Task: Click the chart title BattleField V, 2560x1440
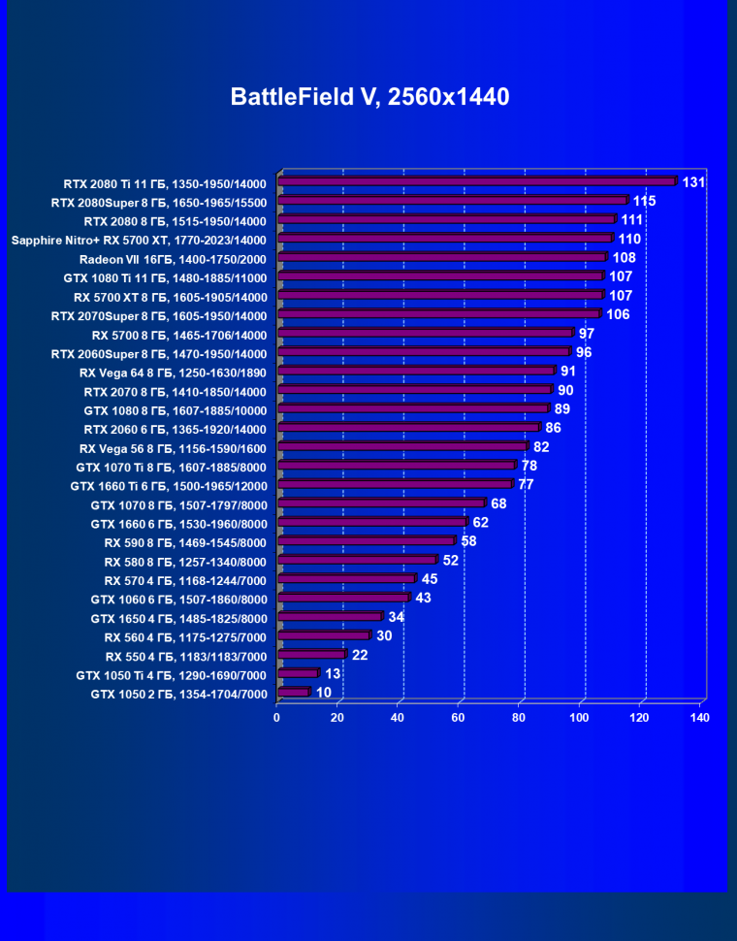pyautogui.click(x=369, y=97)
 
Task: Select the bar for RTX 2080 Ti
pyautogui.click(x=476, y=181)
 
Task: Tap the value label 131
pyautogui.click(x=693, y=181)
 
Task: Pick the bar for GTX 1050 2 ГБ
pyautogui.click(x=293, y=693)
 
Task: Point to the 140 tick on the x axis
pyautogui.click(x=699, y=718)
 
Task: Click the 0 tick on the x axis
pyautogui.click(x=277, y=718)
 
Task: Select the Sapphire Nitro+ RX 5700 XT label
pyautogui.click(x=139, y=239)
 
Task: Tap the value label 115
pyautogui.click(x=644, y=201)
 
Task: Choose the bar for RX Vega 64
pyautogui.click(x=415, y=371)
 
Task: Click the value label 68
pyautogui.click(x=498, y=503)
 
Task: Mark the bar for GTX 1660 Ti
pyautogui.click(x=395, y=484)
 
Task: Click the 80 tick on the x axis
pyautogui.click(x=519, y=718)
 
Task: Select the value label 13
pyautogui.click(x=332, y=673)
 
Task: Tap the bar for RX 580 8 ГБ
pyautogui.click(x=357, y=560)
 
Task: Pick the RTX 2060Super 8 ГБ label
pyautogui.click(x=159, y=352)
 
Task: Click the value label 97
pyautogui.click(x=586, y=333)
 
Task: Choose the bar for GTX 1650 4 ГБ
pyautogui.click(x=330, y=617)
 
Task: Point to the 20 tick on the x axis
pyautogui.click(x=337, y=718)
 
